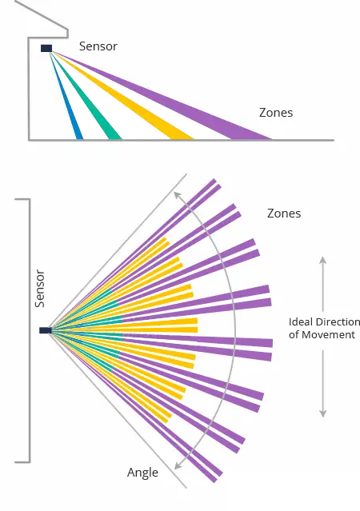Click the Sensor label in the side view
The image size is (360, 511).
[x=98, y=46]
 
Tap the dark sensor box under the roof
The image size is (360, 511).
[x=46, y=48]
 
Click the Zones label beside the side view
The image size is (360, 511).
[x=276, y=113]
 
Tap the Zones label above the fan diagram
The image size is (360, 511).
[x=284, y=214]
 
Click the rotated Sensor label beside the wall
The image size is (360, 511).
[x=40, y=289]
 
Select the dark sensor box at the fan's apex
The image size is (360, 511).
[x=46, y=330]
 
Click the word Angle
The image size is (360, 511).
[x=142, y=473]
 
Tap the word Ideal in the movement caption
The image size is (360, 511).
[x=300, y=322]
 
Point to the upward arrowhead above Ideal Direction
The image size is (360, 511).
[x=323, y=260]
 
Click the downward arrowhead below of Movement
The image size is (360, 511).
[x=323, y=413]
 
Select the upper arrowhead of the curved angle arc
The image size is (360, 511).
[x=177, y=195]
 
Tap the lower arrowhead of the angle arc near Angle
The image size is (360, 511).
[x=178, y=465]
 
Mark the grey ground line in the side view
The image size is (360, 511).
[x=182, y=140]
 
